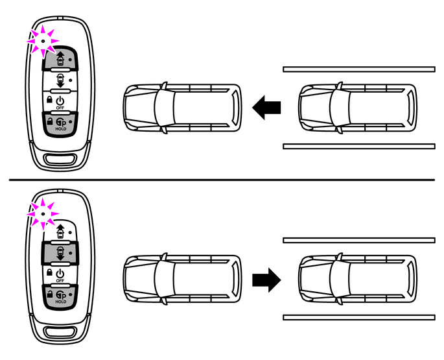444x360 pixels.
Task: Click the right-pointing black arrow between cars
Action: point(266,280)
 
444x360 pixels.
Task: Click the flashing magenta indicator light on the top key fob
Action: point(41,40)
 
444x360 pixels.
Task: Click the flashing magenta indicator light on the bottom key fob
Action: point(41,211)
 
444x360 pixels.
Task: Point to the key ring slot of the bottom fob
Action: point(60,331)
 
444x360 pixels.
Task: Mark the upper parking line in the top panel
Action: point(358,68)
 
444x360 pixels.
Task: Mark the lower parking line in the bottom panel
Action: point(358,318)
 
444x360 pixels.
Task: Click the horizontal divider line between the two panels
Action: point(222,180)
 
